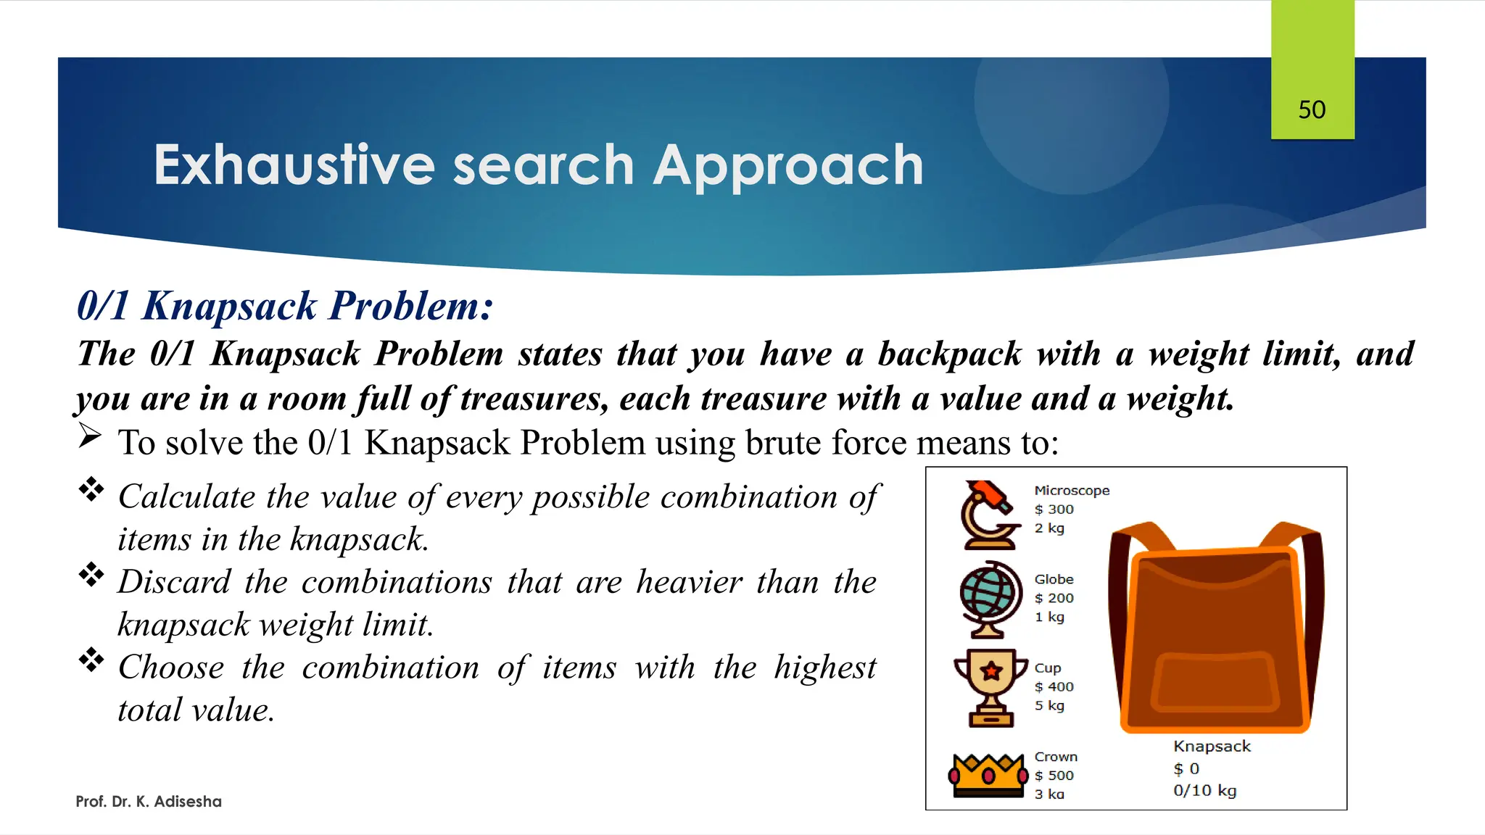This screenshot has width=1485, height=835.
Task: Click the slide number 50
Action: (x=1312, y=109)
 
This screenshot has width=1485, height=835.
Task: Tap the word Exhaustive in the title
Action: (x=294, y=165)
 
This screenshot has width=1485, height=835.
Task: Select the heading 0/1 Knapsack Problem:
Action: (x=285, y=305)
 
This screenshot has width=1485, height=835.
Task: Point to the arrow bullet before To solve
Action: (x=90, y=436)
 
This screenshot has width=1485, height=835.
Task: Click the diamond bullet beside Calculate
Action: (x=91, y=489)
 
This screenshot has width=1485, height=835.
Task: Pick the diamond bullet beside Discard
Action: (x=91, y=575)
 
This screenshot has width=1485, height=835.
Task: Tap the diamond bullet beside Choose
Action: (x=91, y=660)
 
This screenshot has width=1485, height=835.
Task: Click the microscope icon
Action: (x=986, y=515)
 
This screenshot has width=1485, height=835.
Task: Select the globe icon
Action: (x=986, y=599)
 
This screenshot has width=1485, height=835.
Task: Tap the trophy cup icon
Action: (x=990, y=687)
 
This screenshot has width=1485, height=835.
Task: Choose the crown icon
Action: (x=988, y=775)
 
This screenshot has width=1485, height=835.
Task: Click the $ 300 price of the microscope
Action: (x=1054, y=510)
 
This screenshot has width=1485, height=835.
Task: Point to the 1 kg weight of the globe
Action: (x=1049, y=617)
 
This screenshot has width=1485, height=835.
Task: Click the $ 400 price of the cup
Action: (x=1054, y=686)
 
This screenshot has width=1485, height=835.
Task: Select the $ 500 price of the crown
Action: (x=1054, y=776)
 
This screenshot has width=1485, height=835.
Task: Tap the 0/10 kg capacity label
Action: (x=1204, y=791)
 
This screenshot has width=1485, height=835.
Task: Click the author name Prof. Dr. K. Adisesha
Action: (x=149, y=802)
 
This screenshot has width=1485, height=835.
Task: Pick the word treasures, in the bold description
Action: (x=535, y=399)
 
